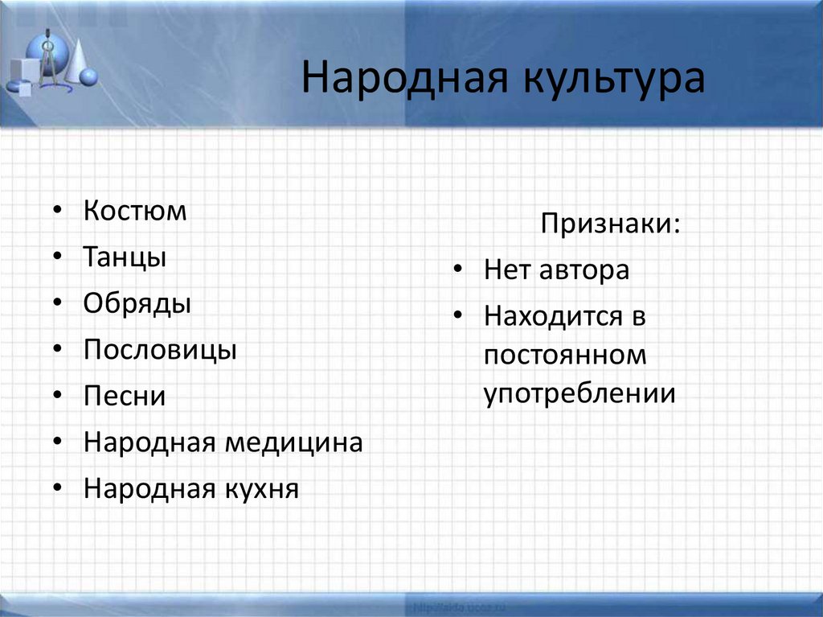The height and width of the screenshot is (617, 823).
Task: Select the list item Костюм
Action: click(x=134, y=212)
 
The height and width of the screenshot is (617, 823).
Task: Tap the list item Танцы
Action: click(x=125, y=258)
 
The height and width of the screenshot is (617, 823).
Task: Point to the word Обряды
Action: click(x=137, y=304)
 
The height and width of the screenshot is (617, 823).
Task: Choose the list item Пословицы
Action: click(x=160, y=351)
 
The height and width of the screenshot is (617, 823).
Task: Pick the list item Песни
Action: click(x=125, y=397)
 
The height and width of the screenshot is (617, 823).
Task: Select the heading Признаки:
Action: click(x=609, y=224)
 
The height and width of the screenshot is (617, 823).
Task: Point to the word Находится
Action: click(x=553, y=316)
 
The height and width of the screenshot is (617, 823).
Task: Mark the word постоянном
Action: click(x=565, y=355)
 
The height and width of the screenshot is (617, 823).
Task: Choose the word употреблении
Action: click(x=579, y=394)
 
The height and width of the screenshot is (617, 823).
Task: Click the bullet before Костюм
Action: click(x=58, y=212)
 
